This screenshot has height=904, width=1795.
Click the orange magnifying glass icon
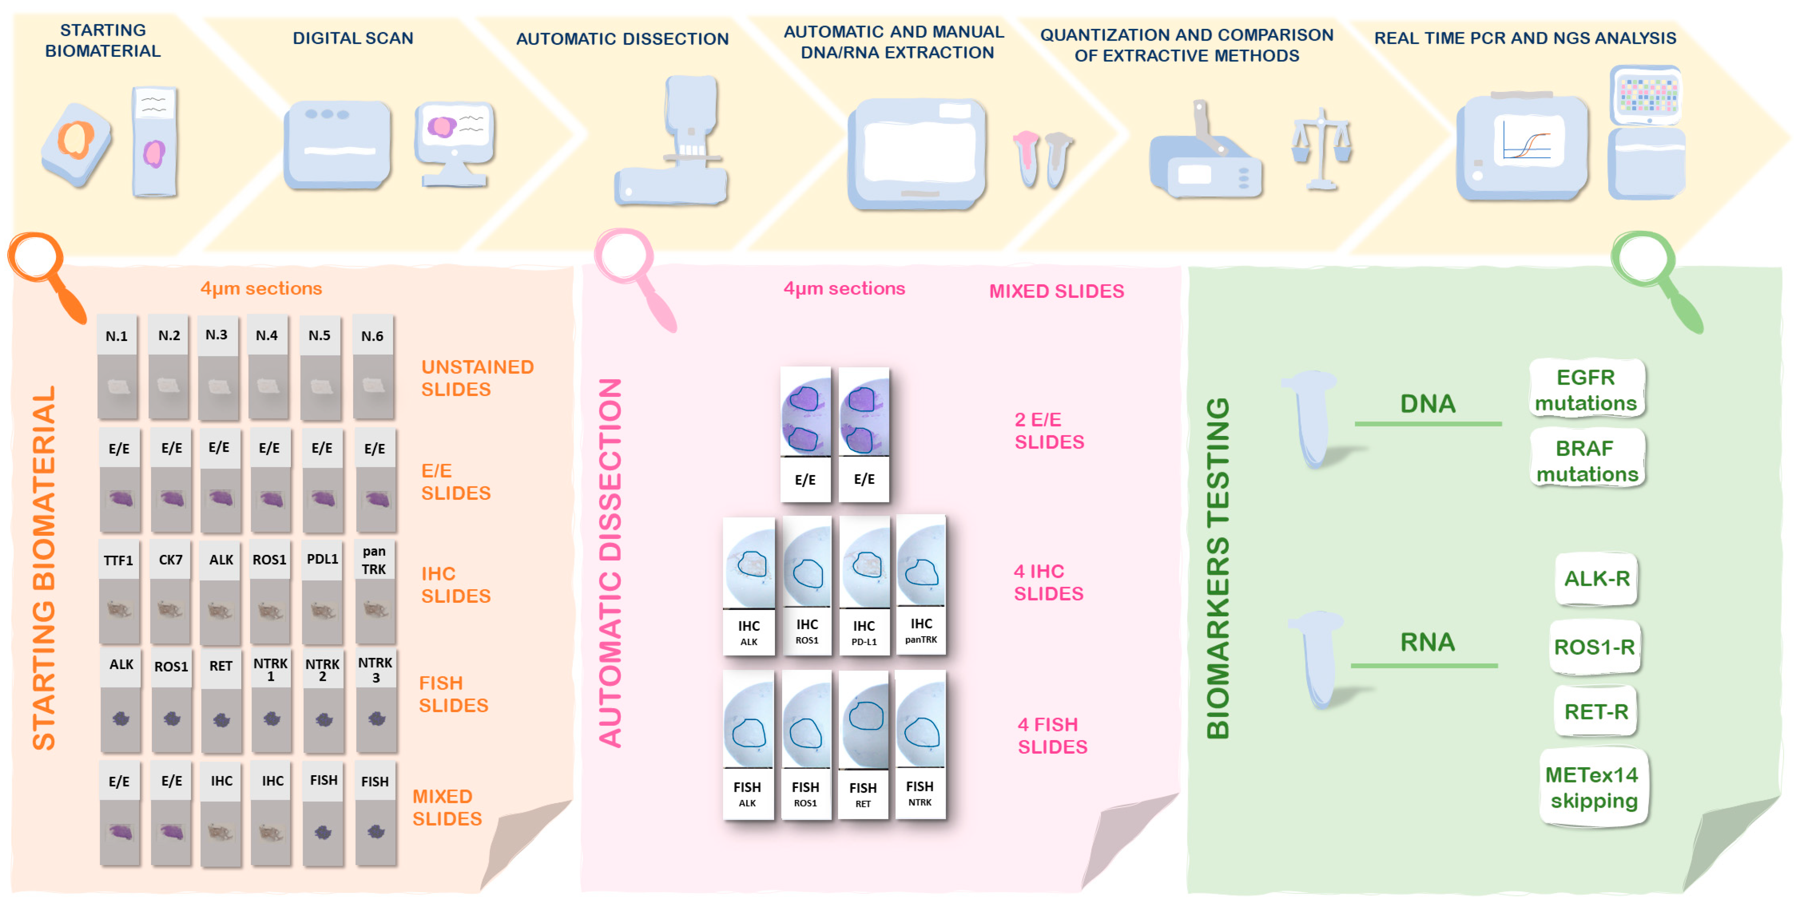click(x=43, y=272)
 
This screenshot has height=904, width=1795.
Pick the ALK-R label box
click(x=1596, y=579)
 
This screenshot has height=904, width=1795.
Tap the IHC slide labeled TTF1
click(x=118, y=591)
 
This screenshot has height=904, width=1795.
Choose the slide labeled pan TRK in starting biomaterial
click(x=375, y=591)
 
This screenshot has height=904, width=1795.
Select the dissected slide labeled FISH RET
click(x=863, y=745)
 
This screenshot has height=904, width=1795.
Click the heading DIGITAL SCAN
click(x=353, y=38)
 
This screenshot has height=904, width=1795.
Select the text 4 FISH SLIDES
click(x=1051, y=735)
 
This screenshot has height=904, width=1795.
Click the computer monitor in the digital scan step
click(x=455, y=143)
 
